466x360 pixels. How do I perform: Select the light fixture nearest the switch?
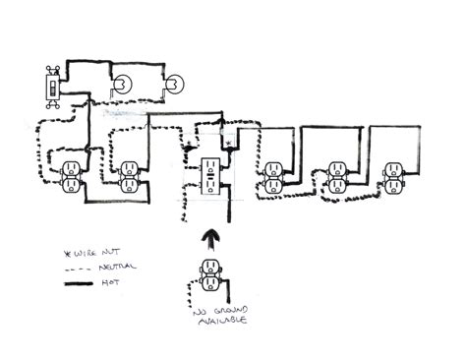pyautogui.click(x=121, y=86)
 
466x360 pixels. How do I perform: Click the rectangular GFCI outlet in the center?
pyautogui.click(x=210, y=176)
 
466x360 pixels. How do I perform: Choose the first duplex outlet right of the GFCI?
pyautogui.click(x=274, y=176)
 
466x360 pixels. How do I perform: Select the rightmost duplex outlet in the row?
pyautogui.click(x=393, y=175)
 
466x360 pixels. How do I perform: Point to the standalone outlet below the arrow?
pyautogui.click(x=210, y=277)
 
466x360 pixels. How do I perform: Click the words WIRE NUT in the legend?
pyautogui.click(x=81, y=252)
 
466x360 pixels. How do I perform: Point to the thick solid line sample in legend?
pyautogui.click(x=79, y=283)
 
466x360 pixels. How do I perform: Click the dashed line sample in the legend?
pyautogui.click(x=79, y=268)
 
